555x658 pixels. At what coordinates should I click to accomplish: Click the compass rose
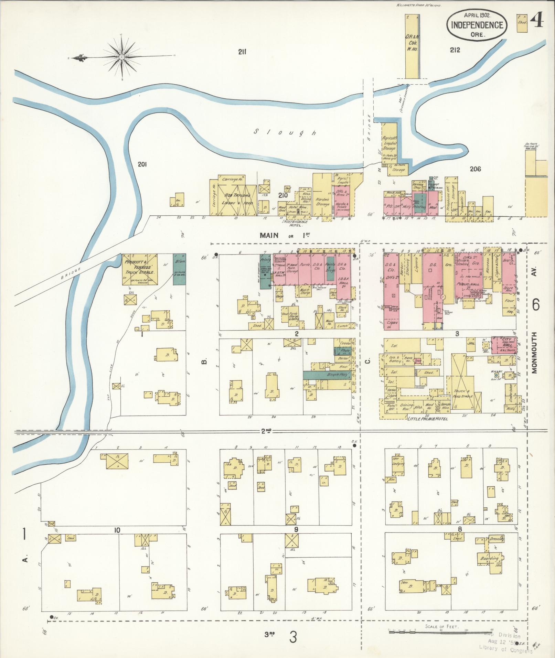click(122, 57)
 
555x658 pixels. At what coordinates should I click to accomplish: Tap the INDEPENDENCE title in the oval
click(477, 25)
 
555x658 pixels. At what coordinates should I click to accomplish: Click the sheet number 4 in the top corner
click(536, 21)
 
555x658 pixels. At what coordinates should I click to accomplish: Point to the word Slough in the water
click(285, 132)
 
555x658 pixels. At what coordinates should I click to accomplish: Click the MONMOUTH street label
click(534, 353)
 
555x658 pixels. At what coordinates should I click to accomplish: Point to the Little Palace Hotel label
click(427, 419)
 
